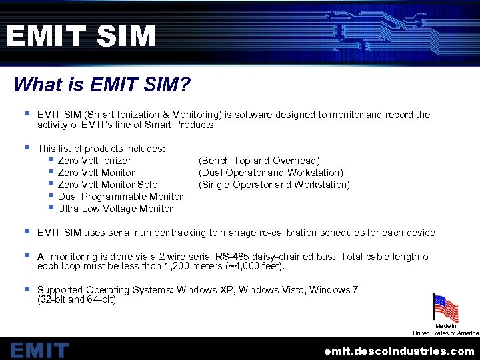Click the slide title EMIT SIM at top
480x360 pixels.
click(80, 36)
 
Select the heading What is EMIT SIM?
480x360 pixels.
click(101, 85)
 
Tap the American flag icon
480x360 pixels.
click(445, 308)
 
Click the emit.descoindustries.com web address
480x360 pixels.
click(399, 351)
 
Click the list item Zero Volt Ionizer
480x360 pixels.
click(94, 161)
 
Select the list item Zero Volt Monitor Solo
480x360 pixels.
click(107, 185)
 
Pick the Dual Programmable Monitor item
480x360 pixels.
click(120, 197)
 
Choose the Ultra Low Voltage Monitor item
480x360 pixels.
click(115, 209)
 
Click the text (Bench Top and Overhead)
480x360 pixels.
click(259, 161)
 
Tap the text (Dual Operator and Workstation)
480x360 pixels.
click(271, 173)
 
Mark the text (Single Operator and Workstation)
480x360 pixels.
click(274, 185)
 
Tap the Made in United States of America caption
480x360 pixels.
click(445, 329)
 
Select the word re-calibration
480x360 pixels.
click(287, 233)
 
